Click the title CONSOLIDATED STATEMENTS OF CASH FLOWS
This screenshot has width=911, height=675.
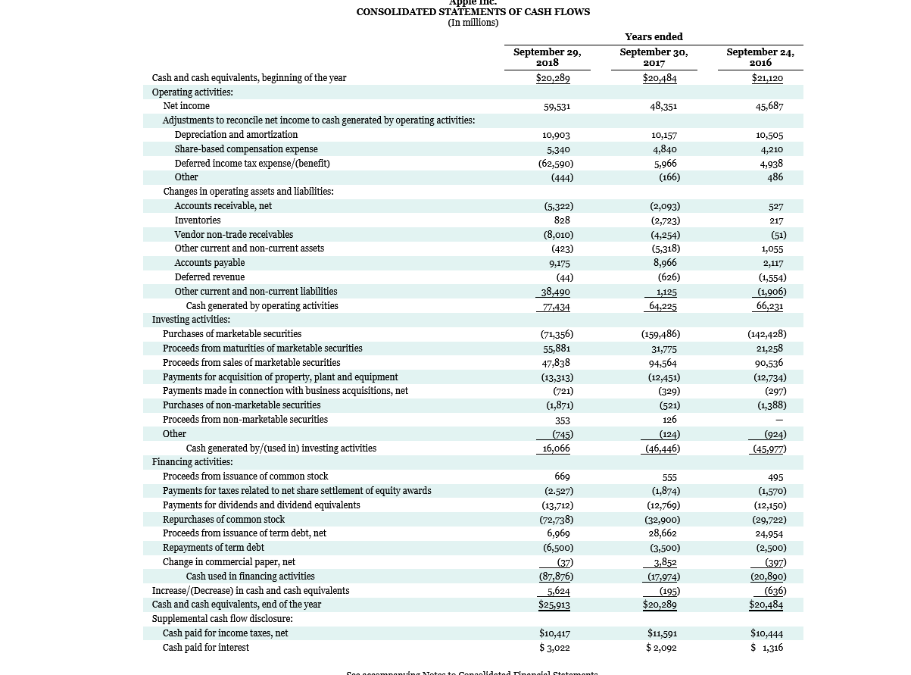click(473, 11)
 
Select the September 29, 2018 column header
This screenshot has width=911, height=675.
click(547, 57)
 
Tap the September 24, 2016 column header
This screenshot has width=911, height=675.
click(760, 57)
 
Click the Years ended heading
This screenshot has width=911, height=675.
click(654, 36)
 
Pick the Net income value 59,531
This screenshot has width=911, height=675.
click(557, 107)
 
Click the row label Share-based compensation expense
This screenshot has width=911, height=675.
click(245, 149)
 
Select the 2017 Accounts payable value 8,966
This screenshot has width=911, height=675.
click(664, 263)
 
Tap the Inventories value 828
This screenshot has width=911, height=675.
click(561, 220)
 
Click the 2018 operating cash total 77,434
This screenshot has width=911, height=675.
click(556, 307)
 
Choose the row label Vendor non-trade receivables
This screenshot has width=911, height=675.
click(233, 235)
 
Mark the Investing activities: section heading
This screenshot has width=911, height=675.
click(191, 320)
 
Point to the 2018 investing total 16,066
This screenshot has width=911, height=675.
click(556, 448)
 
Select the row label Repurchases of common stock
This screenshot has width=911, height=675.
click(223, 520)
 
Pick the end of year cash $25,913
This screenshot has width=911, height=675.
click(554, 605)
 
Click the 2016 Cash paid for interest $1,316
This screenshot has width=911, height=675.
click(766, 648)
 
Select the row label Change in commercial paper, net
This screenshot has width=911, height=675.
click(229, 562)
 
